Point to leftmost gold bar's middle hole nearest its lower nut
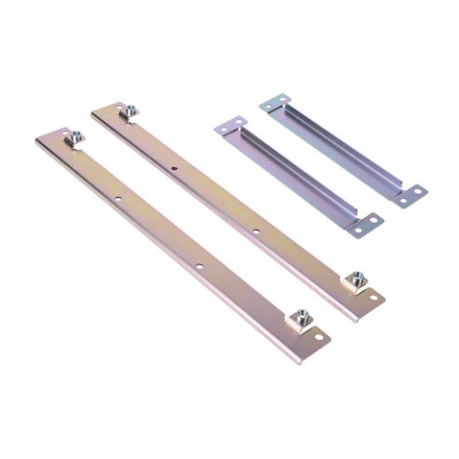198,267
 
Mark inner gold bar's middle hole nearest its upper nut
174,168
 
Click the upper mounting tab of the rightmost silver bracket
275,102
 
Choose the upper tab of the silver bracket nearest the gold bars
231,126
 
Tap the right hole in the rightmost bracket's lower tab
419,193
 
